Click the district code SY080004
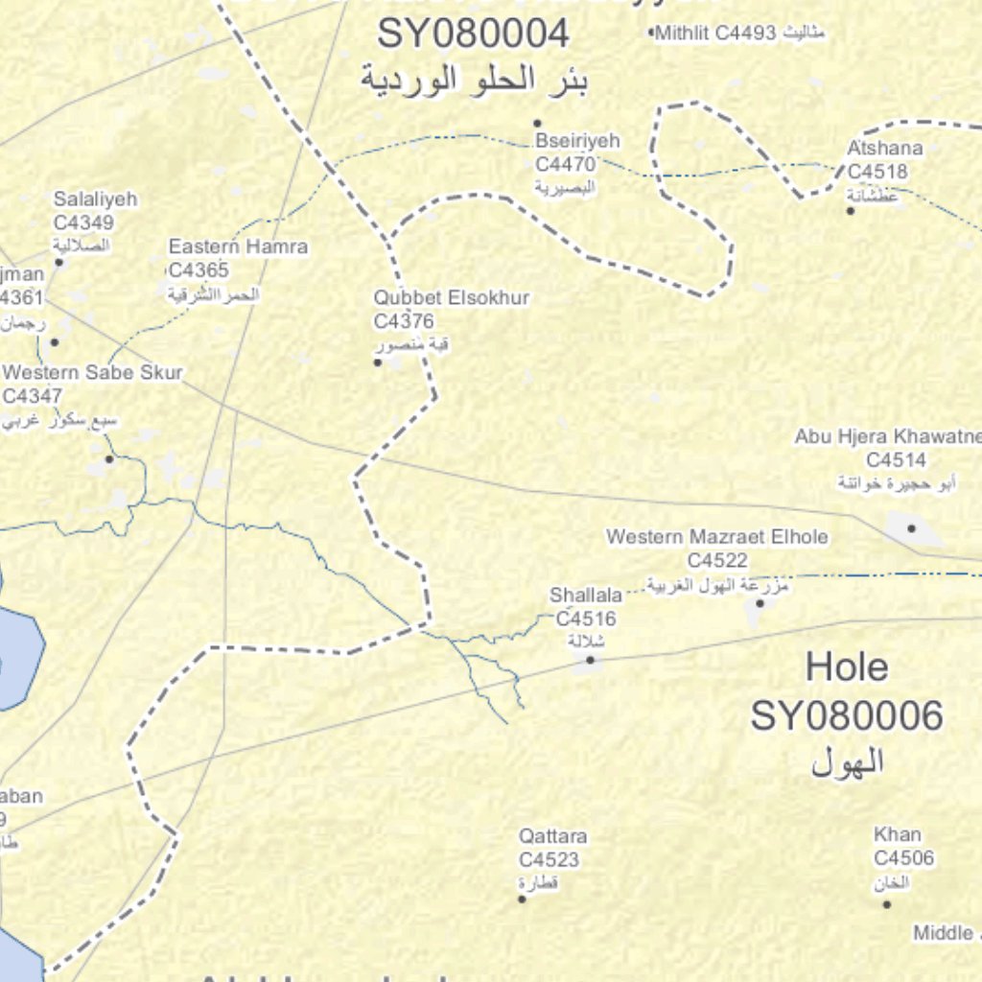[x=473, y=35]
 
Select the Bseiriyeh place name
[x=578, y=141]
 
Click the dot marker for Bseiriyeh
[x=537, y=123]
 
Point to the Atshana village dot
[x=850, y=210]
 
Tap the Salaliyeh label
[x=95, y=199]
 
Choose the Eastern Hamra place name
[x=238, y=247]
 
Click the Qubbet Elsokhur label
[x=452, y=298]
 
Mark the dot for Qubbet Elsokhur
[x=377, y=362]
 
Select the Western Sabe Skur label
[x=93, y=373]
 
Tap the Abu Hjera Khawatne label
[x=887, y=437]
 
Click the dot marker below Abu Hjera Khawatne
[x=911, y=527]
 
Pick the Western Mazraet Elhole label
[x=717, y=537]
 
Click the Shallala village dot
[x=590, y=660]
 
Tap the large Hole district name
[x=846, y=667]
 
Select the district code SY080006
[x=846, y=716]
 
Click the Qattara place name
[x=552, y=836]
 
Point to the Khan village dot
[x=886, y=903]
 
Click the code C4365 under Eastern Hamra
[x=199, y=270]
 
